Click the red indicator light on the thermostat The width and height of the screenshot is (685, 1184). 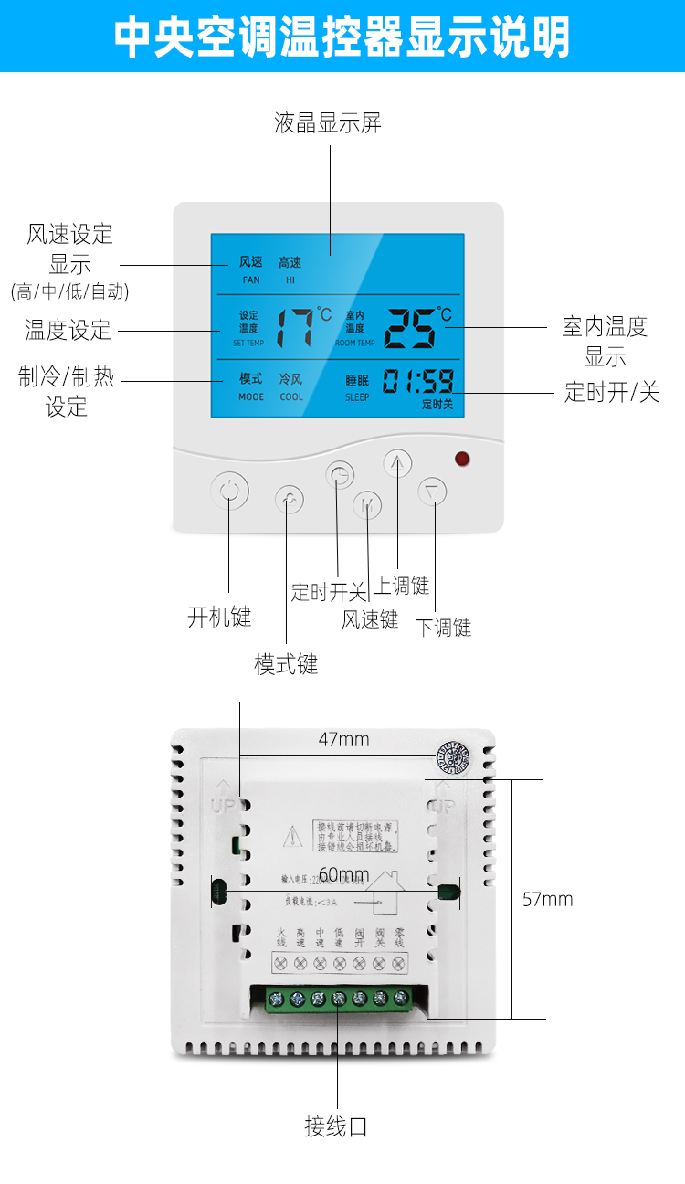point(462,459)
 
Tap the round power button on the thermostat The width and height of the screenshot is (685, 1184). point(229,492)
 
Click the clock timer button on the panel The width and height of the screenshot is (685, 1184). point(340,475)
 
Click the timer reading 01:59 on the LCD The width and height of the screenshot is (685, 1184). point(417,382)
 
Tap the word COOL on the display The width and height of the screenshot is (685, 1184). point(291,397)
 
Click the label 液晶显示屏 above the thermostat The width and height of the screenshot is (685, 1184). point(328,123)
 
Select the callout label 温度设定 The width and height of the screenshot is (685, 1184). point(68,330)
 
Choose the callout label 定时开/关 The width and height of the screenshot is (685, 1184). point(612,393)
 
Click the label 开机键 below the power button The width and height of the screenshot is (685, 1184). point(219,618)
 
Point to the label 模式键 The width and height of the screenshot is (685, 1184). point(286,664)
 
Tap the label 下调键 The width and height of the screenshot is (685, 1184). point(444,628)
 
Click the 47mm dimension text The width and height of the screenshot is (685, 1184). point(343,739)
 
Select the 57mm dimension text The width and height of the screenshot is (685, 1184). point(548,899)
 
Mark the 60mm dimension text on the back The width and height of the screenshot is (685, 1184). point(343,875)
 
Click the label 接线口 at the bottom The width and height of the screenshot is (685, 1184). point(336,1126)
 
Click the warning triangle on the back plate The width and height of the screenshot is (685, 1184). point(290,834)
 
